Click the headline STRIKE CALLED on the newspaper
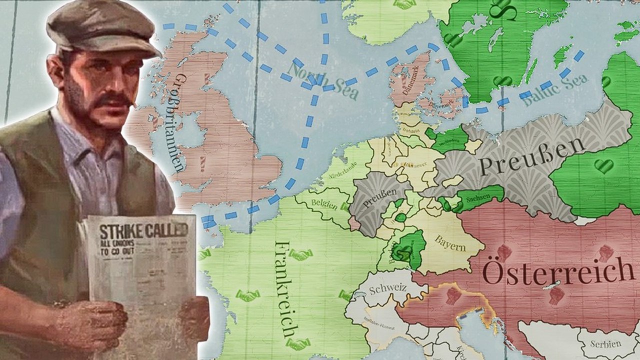click(142, 231)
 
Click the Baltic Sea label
click(555, 90)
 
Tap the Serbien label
click(605, 343)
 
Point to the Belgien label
click(322, 203)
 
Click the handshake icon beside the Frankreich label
click(300, 255)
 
